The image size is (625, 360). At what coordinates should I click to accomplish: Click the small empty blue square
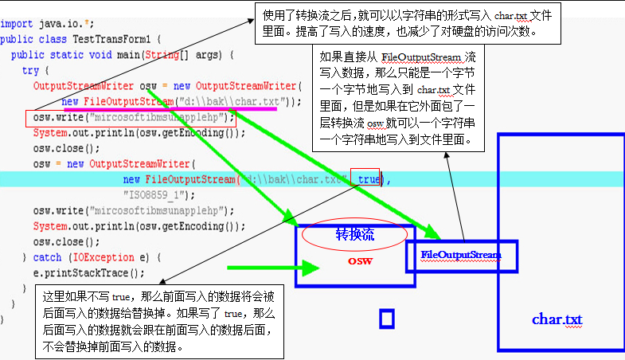(387, 319)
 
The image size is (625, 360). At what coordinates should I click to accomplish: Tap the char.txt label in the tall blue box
(557, 319)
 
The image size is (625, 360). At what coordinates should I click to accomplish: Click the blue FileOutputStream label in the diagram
(461, 255)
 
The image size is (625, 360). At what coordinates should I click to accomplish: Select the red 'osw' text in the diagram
(360, 260)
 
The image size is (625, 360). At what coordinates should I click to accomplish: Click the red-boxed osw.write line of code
(131, 117)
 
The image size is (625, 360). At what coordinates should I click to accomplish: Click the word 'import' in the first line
(17, 24)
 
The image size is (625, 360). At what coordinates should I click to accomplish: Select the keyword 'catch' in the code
(47, 257)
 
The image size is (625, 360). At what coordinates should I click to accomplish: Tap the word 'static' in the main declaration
(67, 55)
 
